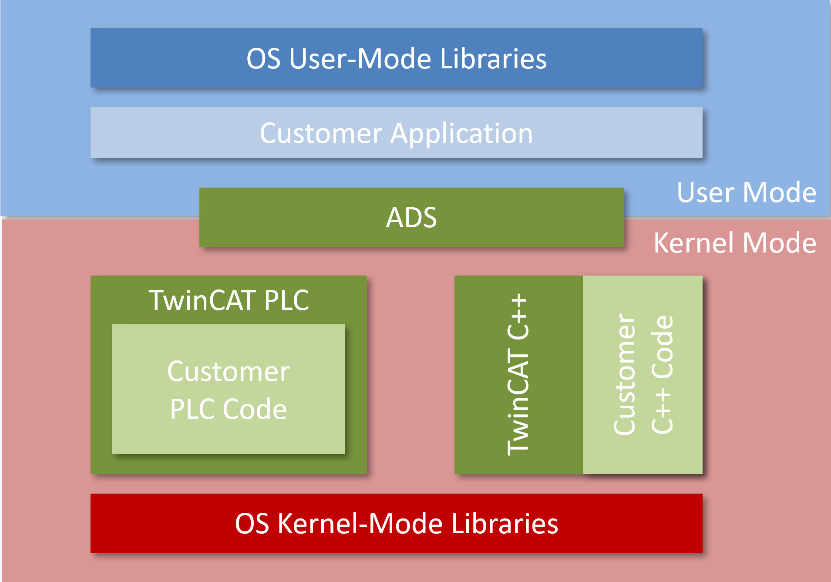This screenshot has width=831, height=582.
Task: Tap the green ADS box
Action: pos(411,217)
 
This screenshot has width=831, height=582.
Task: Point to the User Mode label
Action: pos(746,192)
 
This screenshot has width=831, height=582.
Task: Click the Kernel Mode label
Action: pos(734,243)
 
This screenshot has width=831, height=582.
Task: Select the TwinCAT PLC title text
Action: pos(229,300)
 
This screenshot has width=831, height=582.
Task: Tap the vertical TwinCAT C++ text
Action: pos(518,374)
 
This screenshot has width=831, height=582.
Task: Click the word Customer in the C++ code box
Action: pos(624,374)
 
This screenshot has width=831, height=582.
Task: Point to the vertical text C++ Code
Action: pos(662,374)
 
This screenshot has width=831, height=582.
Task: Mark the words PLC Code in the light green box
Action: pos(228,409)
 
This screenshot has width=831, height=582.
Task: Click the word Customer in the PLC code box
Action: pos(228,372)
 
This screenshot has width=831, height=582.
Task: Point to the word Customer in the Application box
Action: pos(321,133)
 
